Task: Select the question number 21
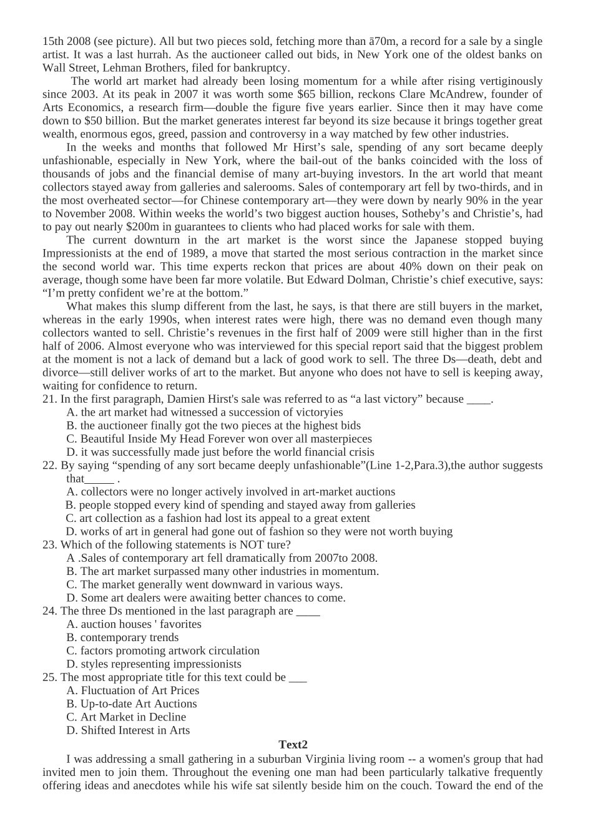[x=49, y=399]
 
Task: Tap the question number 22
[x=49, y=465]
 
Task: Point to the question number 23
[x=49, y=544]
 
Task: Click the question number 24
[x=49, y=611]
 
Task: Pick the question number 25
[x=49, y=677]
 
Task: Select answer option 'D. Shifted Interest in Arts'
[x=128, y=730]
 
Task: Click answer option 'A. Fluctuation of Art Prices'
[x=133, y=690]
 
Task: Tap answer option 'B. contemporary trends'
[x=122, y=637]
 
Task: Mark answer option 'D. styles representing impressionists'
[x=154, y=664]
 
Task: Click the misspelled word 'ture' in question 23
[x=280, y=544]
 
